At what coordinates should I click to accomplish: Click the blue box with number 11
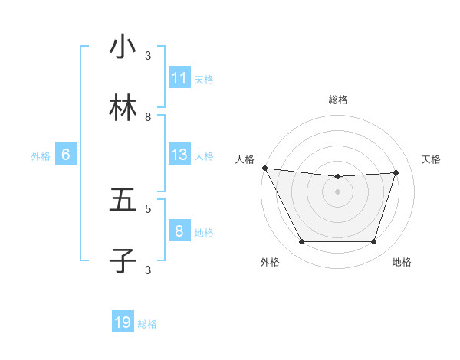coord(179,78)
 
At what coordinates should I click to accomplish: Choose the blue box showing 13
coord(179,155)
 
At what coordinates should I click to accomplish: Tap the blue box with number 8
coord(179,231)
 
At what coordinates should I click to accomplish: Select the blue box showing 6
coord(66,155)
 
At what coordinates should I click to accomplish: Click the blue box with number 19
coord(123,322)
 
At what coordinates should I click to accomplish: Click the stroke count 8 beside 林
coord(148,116)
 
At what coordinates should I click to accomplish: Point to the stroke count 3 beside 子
coord(148,269)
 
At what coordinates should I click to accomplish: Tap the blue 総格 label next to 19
coord(147,324)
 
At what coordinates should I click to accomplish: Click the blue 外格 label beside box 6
coord(41,156)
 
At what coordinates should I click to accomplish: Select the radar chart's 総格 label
coord(338,100)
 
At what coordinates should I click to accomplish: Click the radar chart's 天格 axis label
coord(431,159)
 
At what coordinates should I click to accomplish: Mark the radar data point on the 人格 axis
coord(264,168)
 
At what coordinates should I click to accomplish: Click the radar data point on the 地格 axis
coord(374,242)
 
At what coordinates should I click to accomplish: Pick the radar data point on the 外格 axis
coord(301,242)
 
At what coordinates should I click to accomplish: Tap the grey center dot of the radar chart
coord(338,191)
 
